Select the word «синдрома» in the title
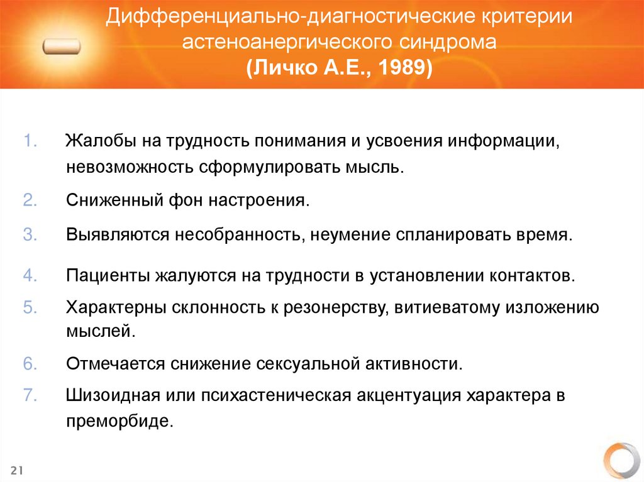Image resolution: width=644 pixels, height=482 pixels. point(448,42)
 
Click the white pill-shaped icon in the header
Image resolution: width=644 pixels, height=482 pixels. point(63,47)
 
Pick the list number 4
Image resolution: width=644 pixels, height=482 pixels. point(31,275)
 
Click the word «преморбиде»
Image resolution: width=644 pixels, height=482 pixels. point(119,421)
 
